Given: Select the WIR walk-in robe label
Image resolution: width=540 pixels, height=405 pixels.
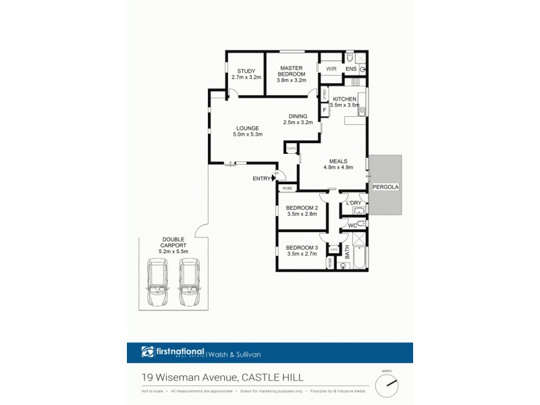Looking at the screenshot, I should click(331, 69).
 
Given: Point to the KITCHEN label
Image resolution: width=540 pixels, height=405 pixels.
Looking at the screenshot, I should click(344, 99).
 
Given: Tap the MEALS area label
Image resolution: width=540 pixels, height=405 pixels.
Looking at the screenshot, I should click(335, 161).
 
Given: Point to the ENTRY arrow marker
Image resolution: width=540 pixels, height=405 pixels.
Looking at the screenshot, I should click(273, 178).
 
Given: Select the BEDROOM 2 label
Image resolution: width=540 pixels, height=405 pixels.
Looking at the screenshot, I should click(302, 207).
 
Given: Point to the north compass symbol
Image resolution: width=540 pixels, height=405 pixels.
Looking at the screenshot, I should click(387, 386).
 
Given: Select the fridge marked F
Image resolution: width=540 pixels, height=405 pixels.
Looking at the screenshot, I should click(324, 109).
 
